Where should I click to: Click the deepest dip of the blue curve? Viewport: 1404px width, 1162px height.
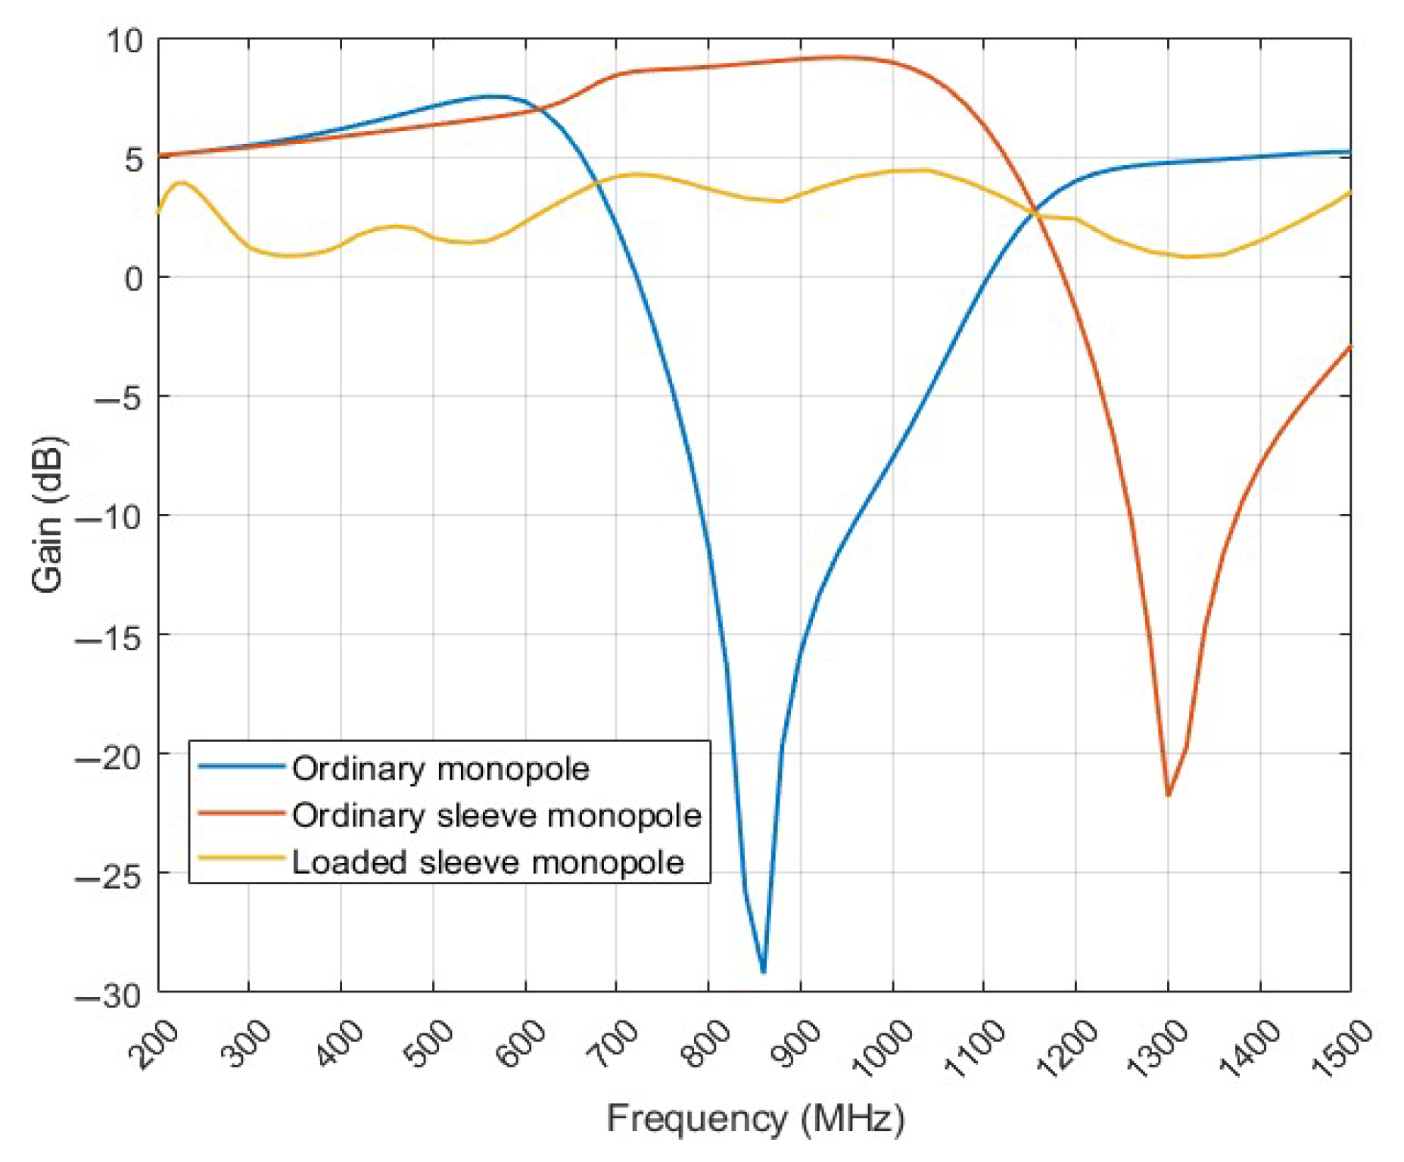tap(763, 971)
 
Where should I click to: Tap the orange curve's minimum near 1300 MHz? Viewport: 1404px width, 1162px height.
tap(1168, 795)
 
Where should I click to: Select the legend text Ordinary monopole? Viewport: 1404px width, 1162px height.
tap(441, 769)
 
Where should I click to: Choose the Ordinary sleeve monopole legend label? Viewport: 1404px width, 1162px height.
tap(497, 815)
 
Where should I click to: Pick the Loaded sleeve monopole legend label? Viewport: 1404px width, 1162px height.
tap(487, 862)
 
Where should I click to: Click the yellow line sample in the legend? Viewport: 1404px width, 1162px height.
tap(241, 858)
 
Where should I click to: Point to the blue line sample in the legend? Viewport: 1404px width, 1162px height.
tap(241, 766)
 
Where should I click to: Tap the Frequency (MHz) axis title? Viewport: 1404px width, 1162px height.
tap(755, 1119)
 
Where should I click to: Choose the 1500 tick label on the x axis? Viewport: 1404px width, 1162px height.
tap(1341, 1048)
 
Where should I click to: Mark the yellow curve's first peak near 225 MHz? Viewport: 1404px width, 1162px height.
tap(181, 182)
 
